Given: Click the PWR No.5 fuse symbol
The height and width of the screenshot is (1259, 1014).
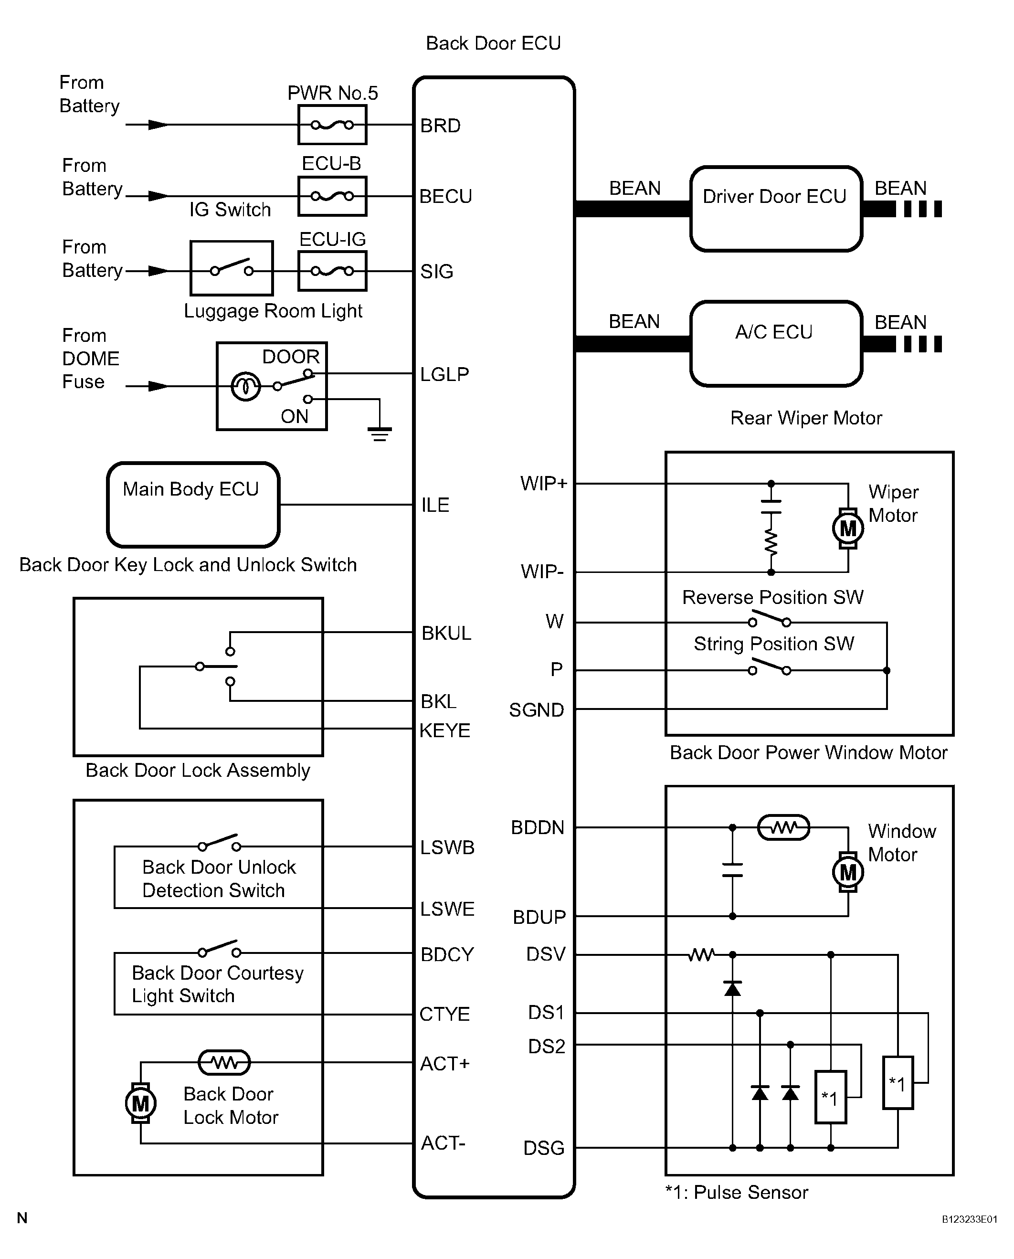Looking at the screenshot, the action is [332, 125].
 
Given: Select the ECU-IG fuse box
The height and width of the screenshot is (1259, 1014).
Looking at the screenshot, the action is [332, 271].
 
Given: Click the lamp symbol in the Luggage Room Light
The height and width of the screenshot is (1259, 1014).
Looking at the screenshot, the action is [245, 386].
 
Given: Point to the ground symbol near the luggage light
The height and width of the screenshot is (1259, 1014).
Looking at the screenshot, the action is [380, 434].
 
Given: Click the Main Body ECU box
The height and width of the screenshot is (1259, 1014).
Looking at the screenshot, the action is [193, 505].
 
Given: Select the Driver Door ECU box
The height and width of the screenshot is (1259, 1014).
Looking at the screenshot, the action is [776, 209].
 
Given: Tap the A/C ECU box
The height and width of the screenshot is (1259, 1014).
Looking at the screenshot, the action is [776, 344].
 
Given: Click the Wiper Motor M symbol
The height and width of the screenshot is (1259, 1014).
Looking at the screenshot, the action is [847, 528].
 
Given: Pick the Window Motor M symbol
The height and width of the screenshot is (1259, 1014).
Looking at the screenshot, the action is [847, 872].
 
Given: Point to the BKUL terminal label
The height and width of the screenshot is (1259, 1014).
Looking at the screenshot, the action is [446, 633].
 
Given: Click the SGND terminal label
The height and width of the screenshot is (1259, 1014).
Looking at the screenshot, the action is [536, 710].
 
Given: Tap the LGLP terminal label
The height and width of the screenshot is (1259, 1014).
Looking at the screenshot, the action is [444, 374].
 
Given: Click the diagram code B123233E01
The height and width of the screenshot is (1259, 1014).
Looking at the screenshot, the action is [969, 1219].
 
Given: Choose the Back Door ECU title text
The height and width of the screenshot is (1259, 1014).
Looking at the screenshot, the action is [493, 43].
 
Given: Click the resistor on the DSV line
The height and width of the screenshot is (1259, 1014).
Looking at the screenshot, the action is [701, 954].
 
